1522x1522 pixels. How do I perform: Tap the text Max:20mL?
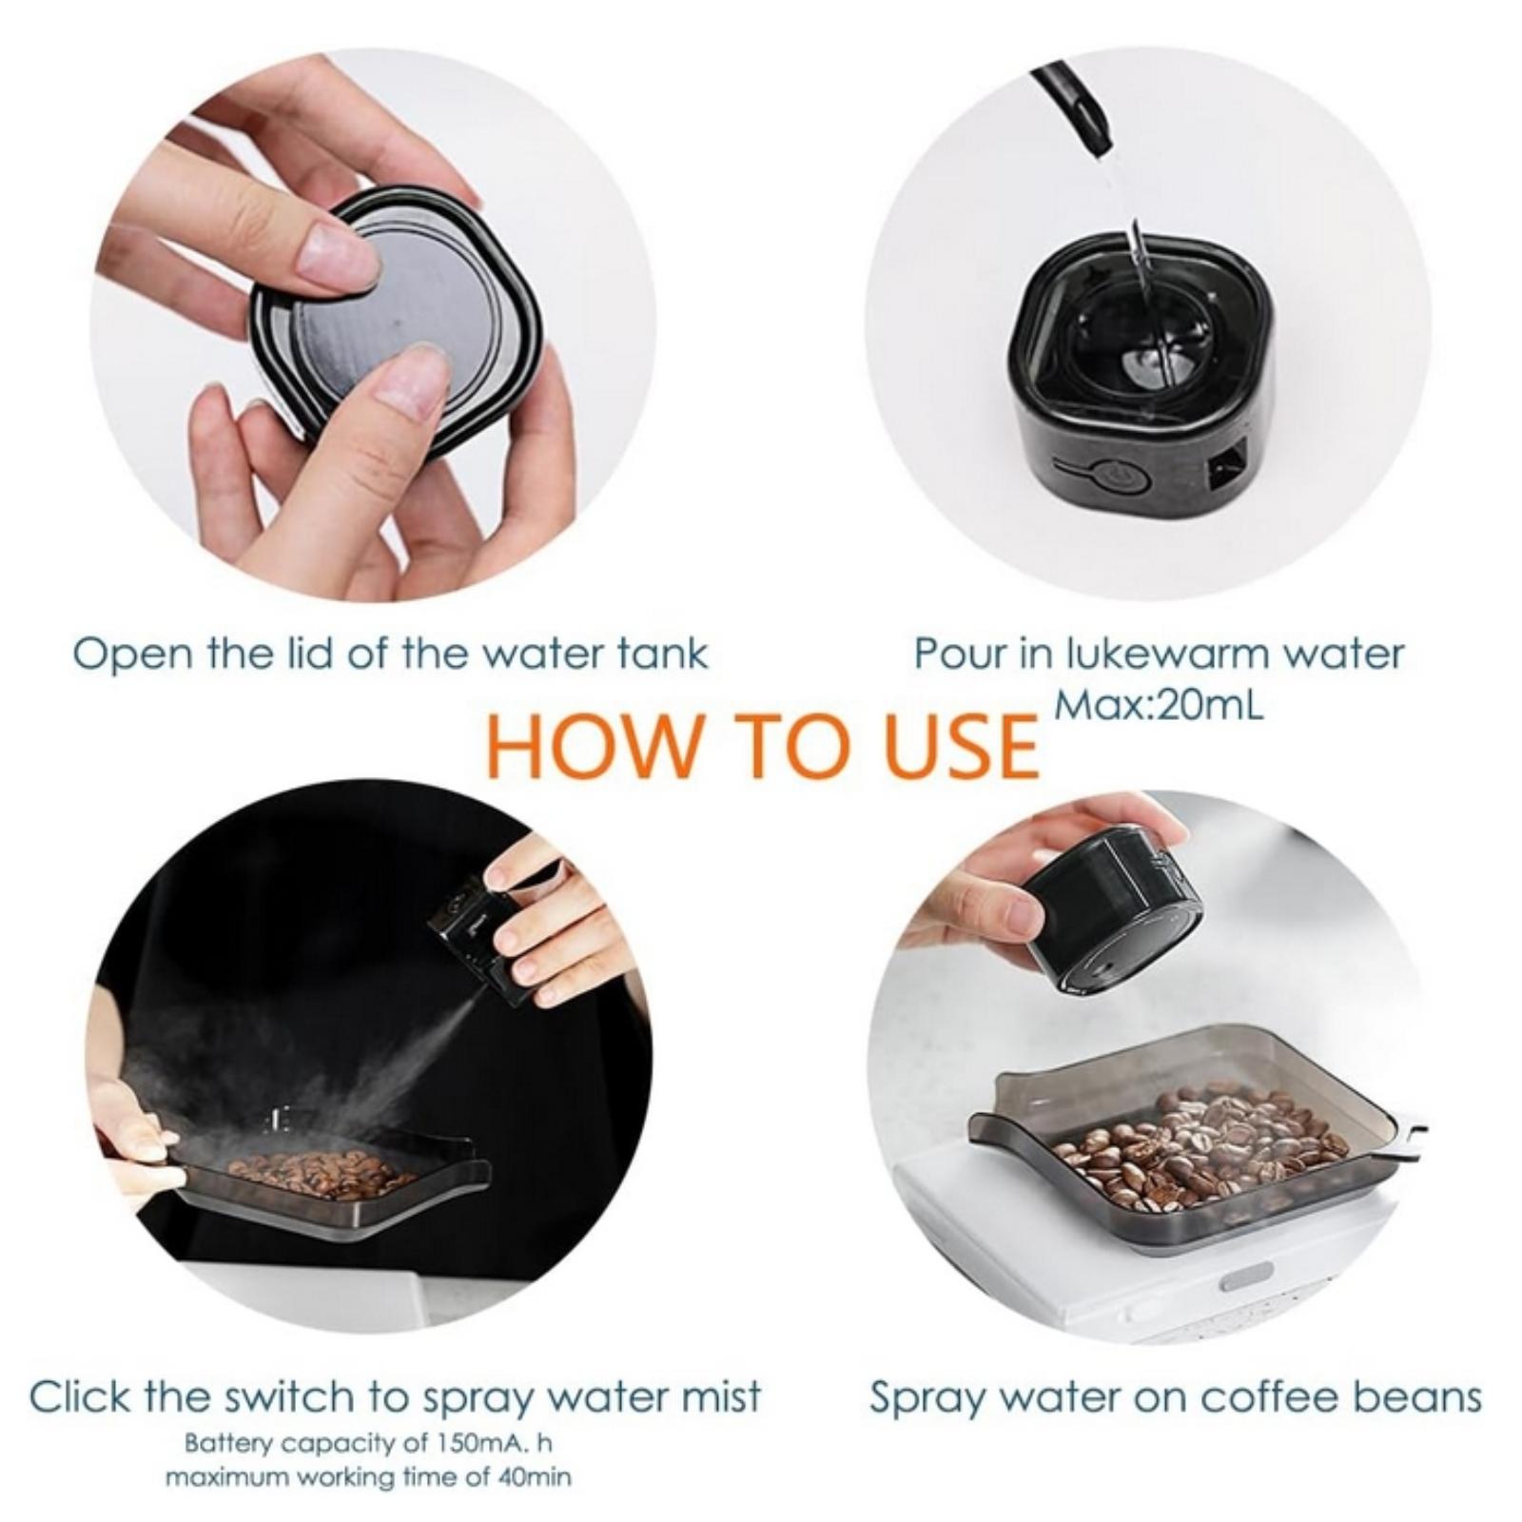[1160, 706]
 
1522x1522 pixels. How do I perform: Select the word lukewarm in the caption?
[1167, 654]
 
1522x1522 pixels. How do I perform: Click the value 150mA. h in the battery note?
[494, 1443]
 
